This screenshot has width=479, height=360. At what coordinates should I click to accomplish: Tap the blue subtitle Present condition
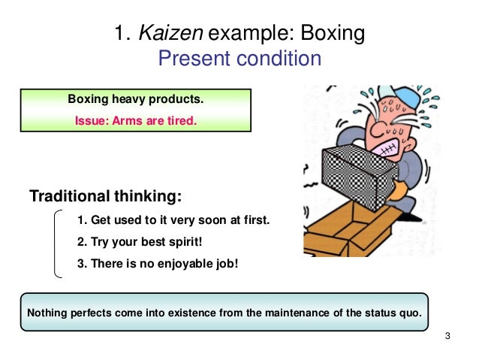[x=239, y=58]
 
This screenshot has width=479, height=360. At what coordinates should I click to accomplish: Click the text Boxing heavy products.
[x=135, y=98]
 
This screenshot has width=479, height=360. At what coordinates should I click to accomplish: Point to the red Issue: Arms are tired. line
[x=135, y=118]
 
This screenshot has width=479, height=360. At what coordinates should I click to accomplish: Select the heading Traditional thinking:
[x=105, y=197]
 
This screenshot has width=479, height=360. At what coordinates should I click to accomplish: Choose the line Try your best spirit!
[x=140, y=242]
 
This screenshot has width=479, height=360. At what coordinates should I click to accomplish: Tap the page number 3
[x=447, y=335]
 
